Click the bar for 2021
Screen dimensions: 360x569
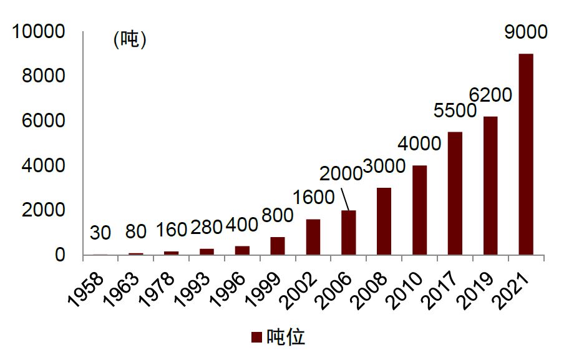[526, 154]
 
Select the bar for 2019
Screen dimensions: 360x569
[490, 185]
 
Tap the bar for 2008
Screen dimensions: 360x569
[384, 221]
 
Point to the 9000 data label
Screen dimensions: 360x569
[525, 32]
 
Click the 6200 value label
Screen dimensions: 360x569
[490, 95]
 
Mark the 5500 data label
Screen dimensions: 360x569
[455, 110]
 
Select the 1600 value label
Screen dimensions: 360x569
[313, 197]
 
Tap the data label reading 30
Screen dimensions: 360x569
[100, 233]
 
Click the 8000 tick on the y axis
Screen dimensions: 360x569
[43, 76]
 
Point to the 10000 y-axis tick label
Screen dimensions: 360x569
[39, 31]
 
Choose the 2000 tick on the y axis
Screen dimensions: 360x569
[43, 210]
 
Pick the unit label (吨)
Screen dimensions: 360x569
[129, 40]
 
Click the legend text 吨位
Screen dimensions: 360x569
[286, 337]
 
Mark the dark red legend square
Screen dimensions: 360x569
[256, 338]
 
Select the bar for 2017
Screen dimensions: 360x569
[455, 193]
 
